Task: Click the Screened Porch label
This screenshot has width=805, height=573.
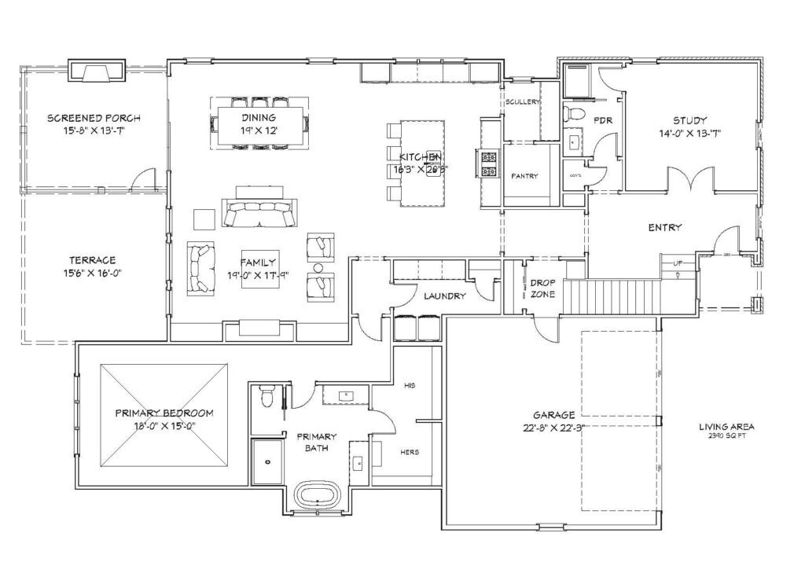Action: [x=94, y=118]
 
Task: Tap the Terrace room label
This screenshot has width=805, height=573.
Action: [x=92, y=260]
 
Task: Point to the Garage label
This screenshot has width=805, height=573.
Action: [x=555, y=415]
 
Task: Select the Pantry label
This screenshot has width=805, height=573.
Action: [x=524, y=176]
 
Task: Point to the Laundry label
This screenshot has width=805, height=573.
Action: [x=445, y=296]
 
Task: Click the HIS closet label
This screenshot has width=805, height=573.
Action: [x=409, y=386]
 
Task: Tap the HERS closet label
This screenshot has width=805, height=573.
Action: [x=409, y=452]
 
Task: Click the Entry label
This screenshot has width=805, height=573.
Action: [x=664, y=228]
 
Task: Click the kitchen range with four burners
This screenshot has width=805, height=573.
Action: [x=487, y=163]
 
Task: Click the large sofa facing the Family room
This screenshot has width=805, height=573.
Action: [x=260, y=213]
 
